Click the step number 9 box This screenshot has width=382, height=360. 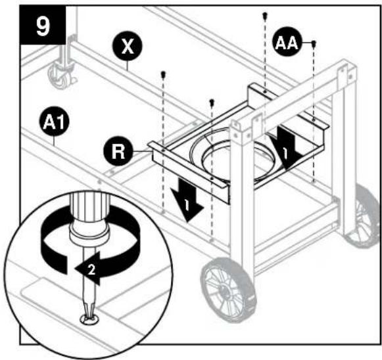[x=43, y=25]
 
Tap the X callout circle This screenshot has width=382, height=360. [x=127, y=46]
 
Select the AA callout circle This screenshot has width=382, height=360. [x=287, y=43]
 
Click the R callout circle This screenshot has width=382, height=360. [x=118, y=151]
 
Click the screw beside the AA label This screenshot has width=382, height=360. [x=314, y=44]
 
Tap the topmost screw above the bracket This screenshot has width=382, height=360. [x=264, y=16]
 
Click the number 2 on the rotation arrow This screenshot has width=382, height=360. [x=91, y=270]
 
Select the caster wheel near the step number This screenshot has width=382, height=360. [x=62, y=77]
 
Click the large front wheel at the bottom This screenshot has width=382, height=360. [x=227, y=290]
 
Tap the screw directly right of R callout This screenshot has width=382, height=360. [x=163, y=74]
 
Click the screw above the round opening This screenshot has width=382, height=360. [x=212, y=102]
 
